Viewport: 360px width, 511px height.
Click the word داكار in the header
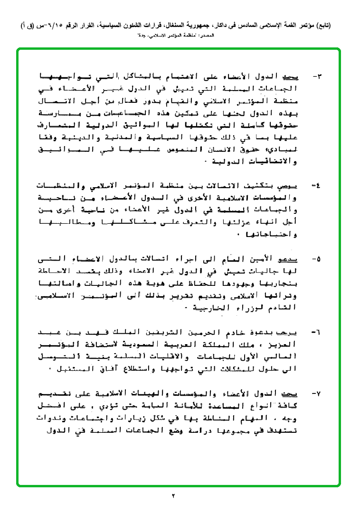click(x=206, y=25)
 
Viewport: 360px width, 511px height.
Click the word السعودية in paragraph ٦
click(x=177, y=345)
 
